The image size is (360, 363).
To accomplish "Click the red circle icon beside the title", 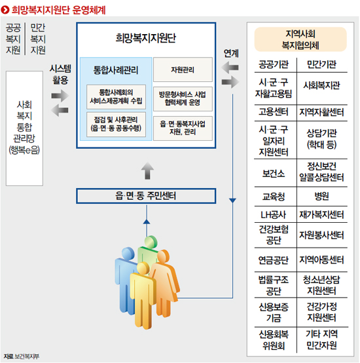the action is click(x=5, y=10).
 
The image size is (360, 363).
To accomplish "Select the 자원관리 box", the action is click(x=183, y=69).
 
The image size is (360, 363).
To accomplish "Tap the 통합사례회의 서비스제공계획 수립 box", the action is click(x=116, y=96).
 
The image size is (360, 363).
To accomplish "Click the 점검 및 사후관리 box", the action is click(x=116, y=124).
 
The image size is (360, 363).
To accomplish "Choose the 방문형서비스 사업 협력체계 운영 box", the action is click(x=183, y=99).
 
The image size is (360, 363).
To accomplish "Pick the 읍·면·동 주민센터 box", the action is click(x=146, y=196).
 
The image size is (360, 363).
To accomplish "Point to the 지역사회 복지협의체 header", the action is click(x=300, y=39).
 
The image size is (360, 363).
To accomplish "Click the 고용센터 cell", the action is click(x=274, y=112).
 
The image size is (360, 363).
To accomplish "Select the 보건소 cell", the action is click(x=274, y=174).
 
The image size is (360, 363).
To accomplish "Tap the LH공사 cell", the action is click(x=274, y=215).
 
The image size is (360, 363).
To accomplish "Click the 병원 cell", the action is click(x=321, y=197).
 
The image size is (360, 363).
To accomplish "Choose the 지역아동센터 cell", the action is click(x=321, y=259).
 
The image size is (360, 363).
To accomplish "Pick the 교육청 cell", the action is click(x=274, y=197).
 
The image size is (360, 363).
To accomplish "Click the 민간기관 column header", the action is click(x=321, y=64).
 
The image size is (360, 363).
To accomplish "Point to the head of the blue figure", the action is click(x=128, y=254).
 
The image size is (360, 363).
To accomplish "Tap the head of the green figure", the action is click(x=151, y=242).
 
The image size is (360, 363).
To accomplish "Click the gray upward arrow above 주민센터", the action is click(x=147, y=170).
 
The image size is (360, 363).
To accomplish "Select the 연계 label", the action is click(x=231, y=53).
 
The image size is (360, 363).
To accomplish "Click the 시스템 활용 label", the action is click(x=60, y=74).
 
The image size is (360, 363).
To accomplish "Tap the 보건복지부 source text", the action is click(x=27, y=356).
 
